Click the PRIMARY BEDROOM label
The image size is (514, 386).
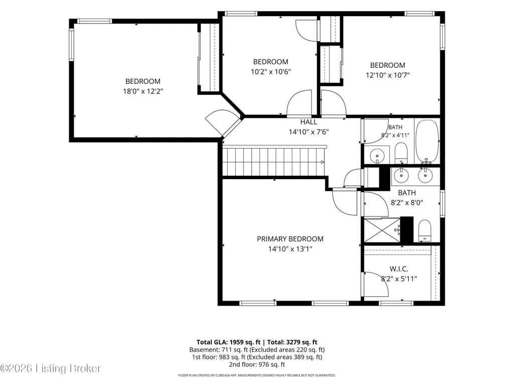[x=290, y=239]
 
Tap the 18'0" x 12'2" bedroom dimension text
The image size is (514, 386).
[x=143, y=91]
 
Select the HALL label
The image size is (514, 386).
[x=308, y=122]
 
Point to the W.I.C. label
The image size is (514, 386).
[x=399, y=269]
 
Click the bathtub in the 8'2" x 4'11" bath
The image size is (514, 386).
[x=427, y=142]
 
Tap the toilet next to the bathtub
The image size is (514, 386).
[x=401, y=153]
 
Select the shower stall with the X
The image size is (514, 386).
[x=382, y=230]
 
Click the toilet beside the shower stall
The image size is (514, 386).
[x=425, y=230]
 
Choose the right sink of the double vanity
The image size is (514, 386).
[x=425, y=176]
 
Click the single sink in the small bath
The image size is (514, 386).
[x=377, y=155]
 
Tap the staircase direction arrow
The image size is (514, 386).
[x=322, y=162]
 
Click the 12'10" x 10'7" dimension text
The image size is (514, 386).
[x=388, y=75]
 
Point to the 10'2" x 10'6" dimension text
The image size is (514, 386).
[x=271, y=72]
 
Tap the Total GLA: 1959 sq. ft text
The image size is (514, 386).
[x=228, y=342]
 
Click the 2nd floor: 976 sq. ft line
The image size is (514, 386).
[x=257, y=364]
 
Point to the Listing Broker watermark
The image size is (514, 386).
[x=51, y=368]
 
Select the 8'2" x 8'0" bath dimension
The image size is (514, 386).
[x=407, y=203]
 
